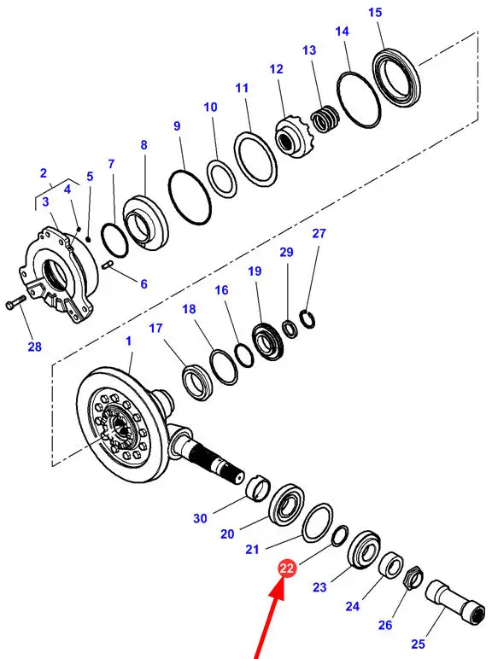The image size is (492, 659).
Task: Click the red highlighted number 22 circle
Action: pos(287,569)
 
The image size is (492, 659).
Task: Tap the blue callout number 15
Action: pos(375,13)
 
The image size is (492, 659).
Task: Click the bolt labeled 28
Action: pos(15,302)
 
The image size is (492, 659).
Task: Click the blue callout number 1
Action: pos(129,341)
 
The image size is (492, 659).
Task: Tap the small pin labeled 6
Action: pos(108,265)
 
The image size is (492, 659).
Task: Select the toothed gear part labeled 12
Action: pos(293,138)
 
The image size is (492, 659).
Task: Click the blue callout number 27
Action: pos(319,233)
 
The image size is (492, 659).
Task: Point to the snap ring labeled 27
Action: pos(308,319)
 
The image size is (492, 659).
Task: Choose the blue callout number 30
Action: pos(200,519)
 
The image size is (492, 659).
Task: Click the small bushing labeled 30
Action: pos(257,487)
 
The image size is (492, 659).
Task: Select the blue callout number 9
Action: pos(177,126)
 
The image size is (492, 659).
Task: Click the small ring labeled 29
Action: pos(290,329)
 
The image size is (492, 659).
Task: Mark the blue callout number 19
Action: pos(255,271)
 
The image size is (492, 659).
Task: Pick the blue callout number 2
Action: pos(44,173)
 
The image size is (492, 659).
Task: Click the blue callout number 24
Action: pos(353,606)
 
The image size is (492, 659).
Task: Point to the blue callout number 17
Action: pos(155,329)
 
